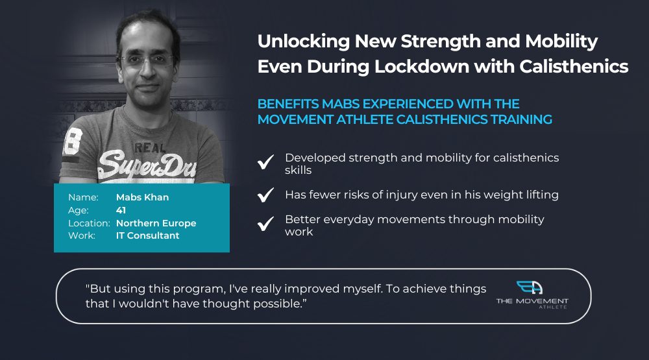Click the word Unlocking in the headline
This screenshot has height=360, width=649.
(304, 42)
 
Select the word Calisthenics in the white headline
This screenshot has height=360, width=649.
(574, 67)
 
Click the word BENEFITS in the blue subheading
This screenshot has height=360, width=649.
(288, 104)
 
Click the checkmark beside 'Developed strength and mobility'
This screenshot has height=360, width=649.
(265, 162)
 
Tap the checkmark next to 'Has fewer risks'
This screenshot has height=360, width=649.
(265, 195)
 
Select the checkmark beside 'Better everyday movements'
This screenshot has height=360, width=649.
(265, 223)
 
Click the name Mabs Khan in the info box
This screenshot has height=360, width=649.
(142, 197)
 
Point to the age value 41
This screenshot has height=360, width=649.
(121, 210)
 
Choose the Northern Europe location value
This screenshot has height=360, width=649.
(156, 223)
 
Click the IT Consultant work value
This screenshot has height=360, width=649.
(148, 235)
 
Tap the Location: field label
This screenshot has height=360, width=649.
(89, 223)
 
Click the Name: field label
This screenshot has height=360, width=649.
(83, 197)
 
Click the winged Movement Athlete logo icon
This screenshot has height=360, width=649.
(530, 287)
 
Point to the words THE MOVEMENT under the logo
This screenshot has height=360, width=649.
(532, 301)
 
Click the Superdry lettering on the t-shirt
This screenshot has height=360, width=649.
(147, 165)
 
